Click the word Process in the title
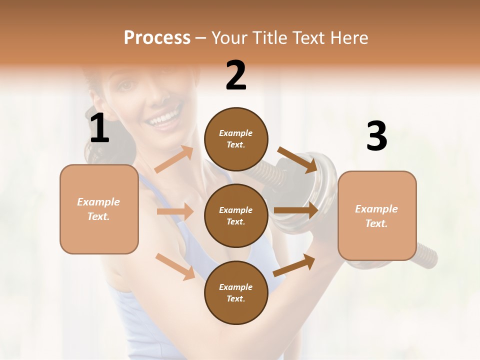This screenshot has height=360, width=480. [x=157, y=38]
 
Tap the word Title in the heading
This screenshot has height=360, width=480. [x=270, y=38]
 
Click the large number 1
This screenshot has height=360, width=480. [x=99, y=128]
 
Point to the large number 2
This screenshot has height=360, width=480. [x=236, y=75]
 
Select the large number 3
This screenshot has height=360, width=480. [x=376, y=136]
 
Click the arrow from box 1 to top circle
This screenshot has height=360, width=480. [x=174, y=159]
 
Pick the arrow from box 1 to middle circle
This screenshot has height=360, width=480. [x=175, y=211]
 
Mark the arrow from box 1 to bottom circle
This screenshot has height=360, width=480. [x=175, y=266]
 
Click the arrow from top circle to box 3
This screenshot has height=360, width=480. [x=297, y=159]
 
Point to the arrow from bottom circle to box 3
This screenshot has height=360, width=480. [x=294, y=265]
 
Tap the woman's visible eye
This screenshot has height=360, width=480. [x=126, y=85]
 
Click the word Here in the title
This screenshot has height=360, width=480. [x=349, y=38]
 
